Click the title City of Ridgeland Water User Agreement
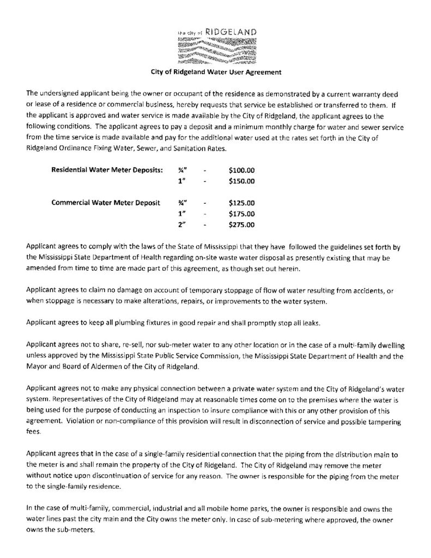click(x=215, y=71)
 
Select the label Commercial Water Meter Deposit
click(x=105, y=203)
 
